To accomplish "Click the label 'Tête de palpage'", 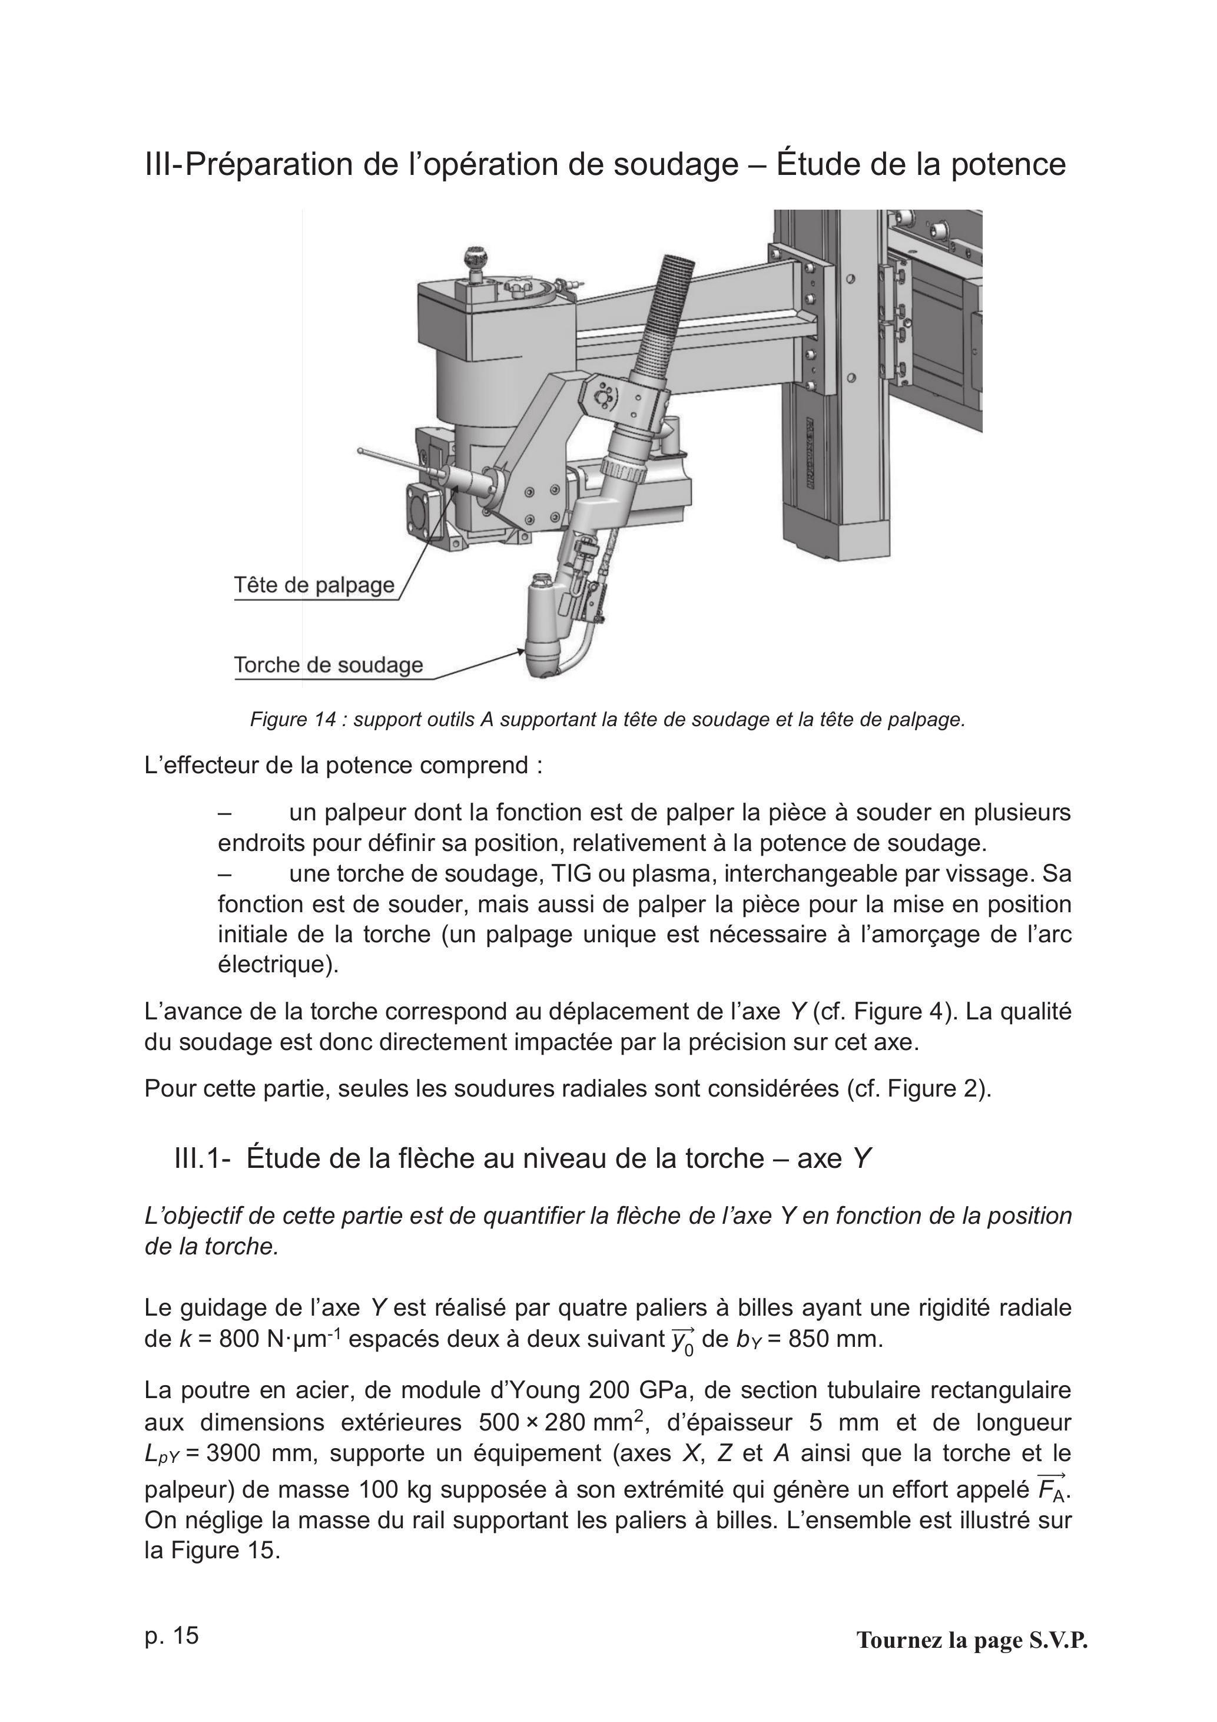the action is [x=314, y=585].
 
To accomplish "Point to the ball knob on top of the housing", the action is [x=474, y=259].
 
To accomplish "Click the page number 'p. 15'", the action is [x=172, y=1635].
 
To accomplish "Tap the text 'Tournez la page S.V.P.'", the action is [x=972, y=1640].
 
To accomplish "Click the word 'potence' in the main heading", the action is [x=1009, y=165].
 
